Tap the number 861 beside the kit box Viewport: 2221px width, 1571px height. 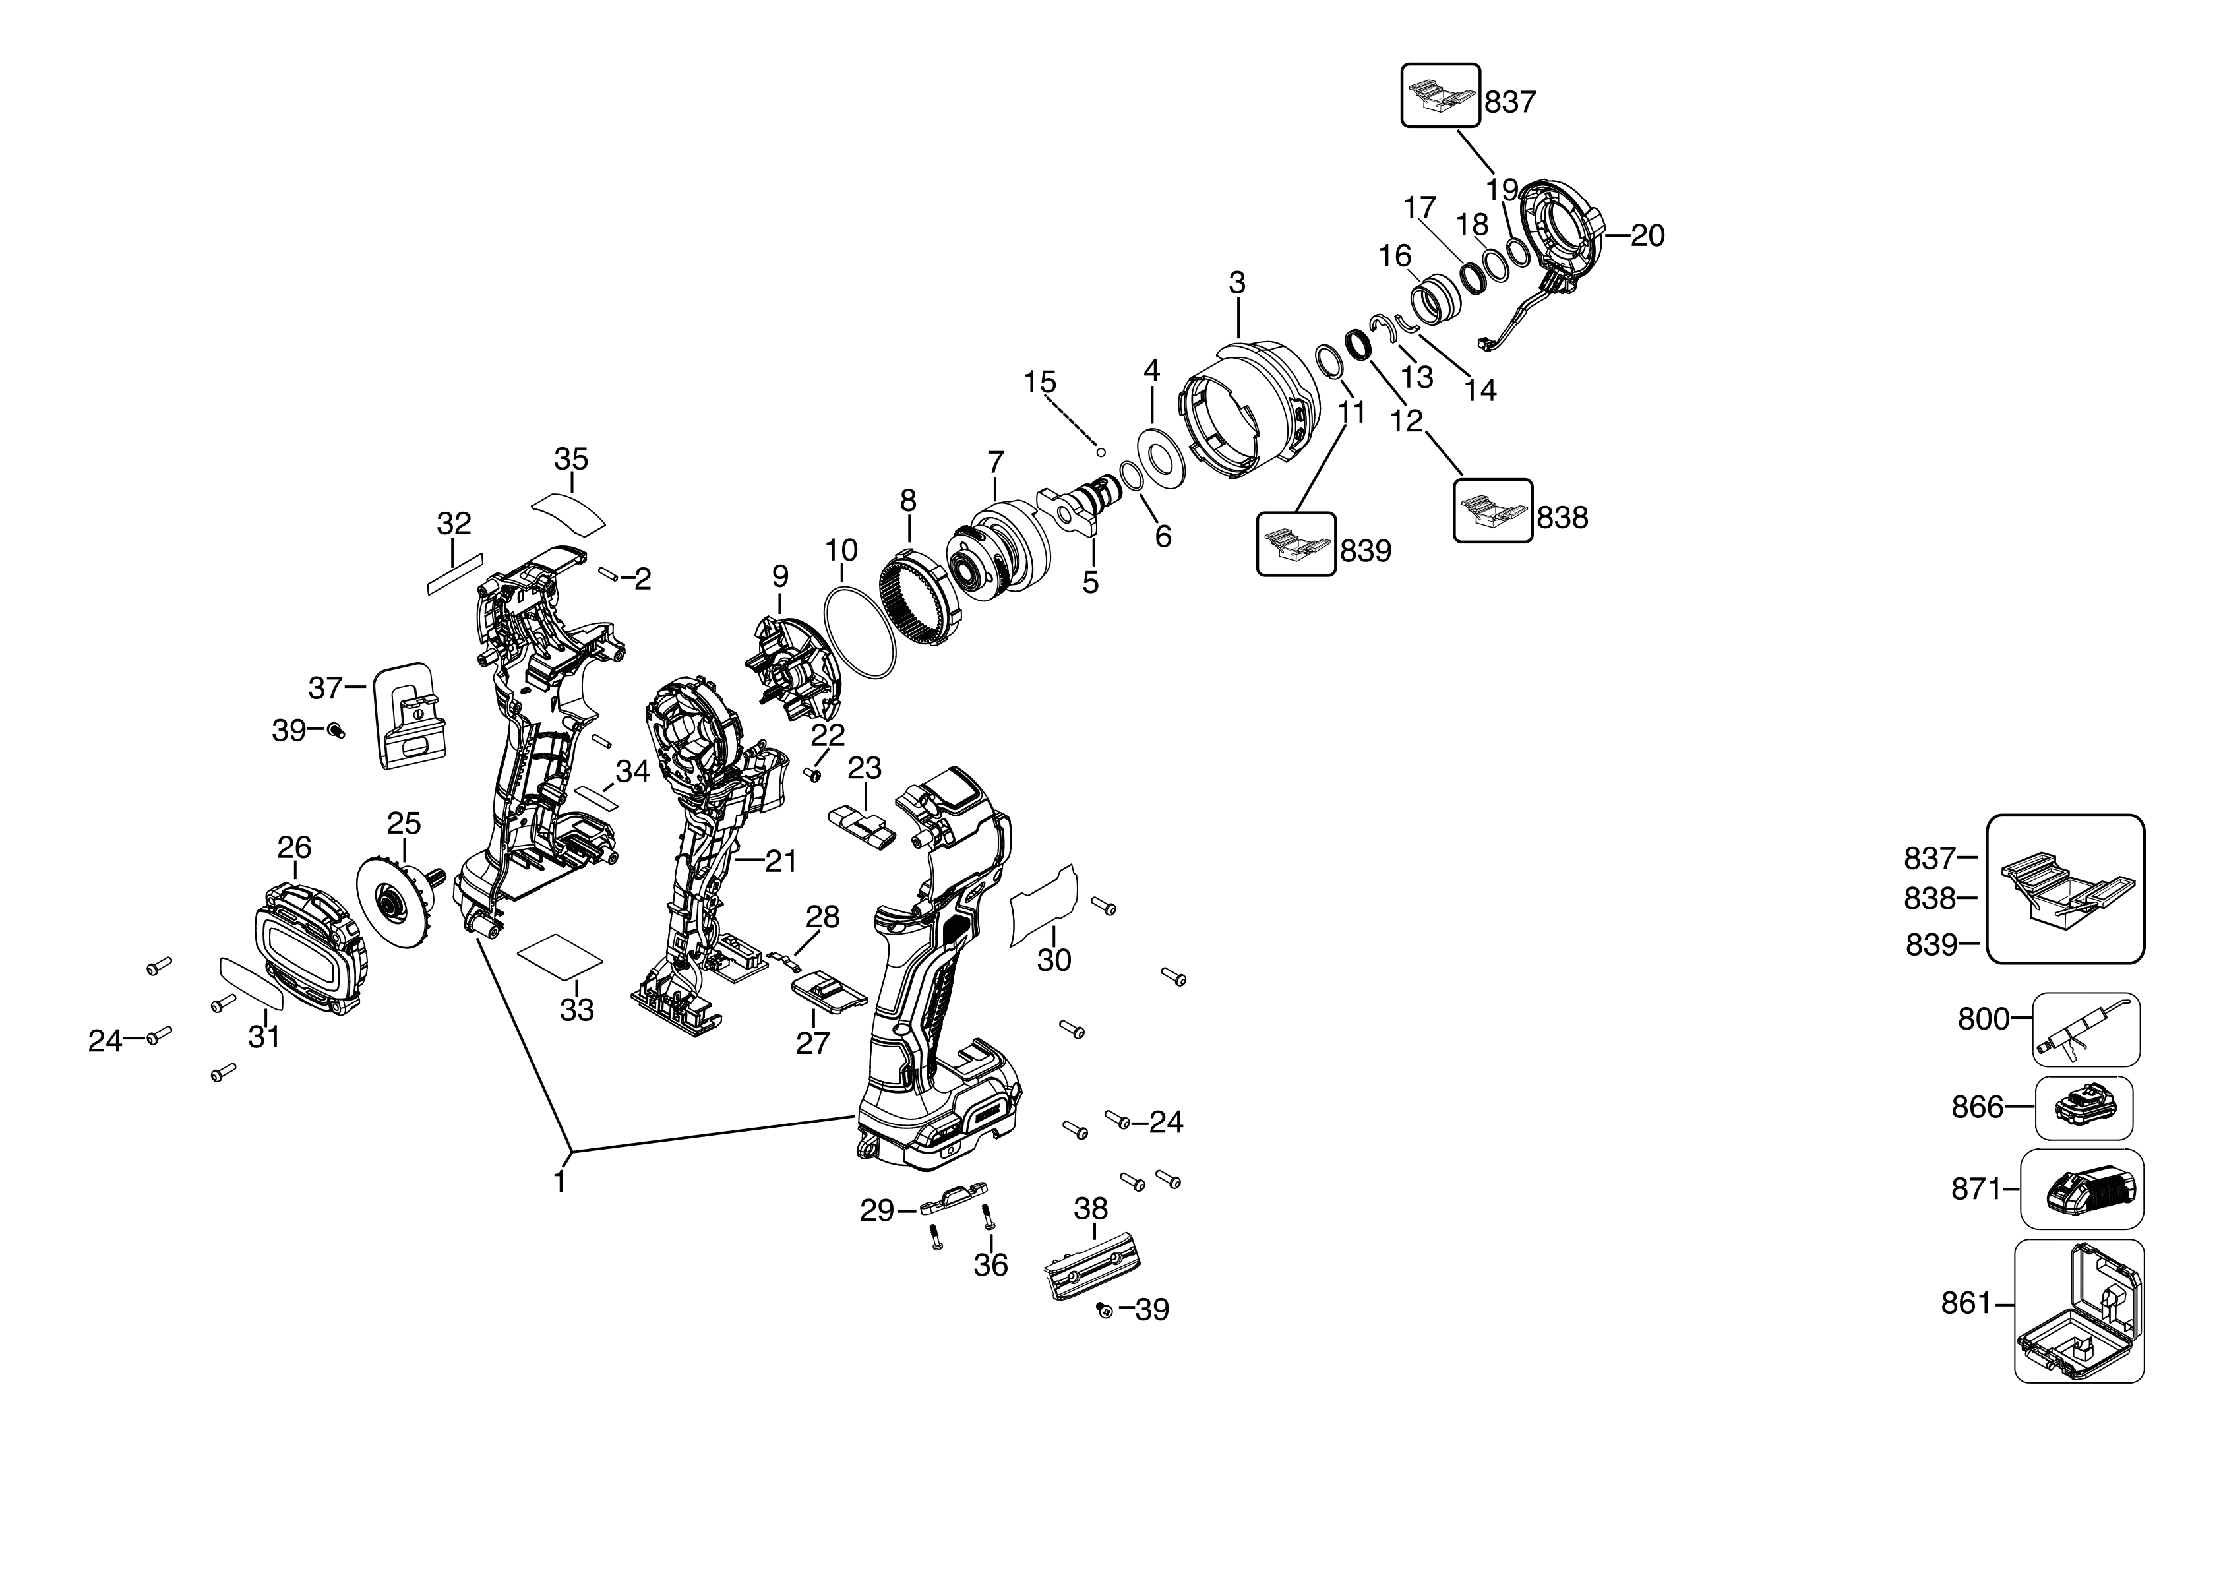(x=1966, y=1304)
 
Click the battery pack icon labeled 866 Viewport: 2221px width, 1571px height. (x=2084, y=1107)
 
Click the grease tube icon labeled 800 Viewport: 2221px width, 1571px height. (x=2084, y=1028)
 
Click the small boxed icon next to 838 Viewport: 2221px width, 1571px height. (x=1492, y=510)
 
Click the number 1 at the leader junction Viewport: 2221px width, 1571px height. (x=559, y=1182)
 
